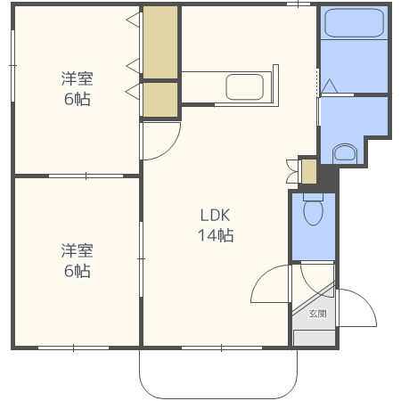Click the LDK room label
click(x=216, y=216)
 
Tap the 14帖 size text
click(x=216, y=235)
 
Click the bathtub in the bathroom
click(x=354, y=23)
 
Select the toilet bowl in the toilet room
click(x=313, y=209)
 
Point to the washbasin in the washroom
click(x=345, y=153)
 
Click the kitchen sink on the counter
click(x=244, y=86)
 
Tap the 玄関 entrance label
click(x=317, y=314)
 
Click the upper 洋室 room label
click(x=78, y=78)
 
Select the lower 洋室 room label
click(x=78, y=250)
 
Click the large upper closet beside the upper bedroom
click(x=160, y=42)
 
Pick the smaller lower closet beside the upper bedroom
click(x=160, y=100)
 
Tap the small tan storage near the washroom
click(x=309, y=171)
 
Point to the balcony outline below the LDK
click(x=218, y=398)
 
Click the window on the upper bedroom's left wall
click(x=12, y=65)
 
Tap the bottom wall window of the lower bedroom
click(x=73, y=348)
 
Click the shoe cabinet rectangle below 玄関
click(x=315, y=338)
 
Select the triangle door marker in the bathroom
click(x=330, y=86)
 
